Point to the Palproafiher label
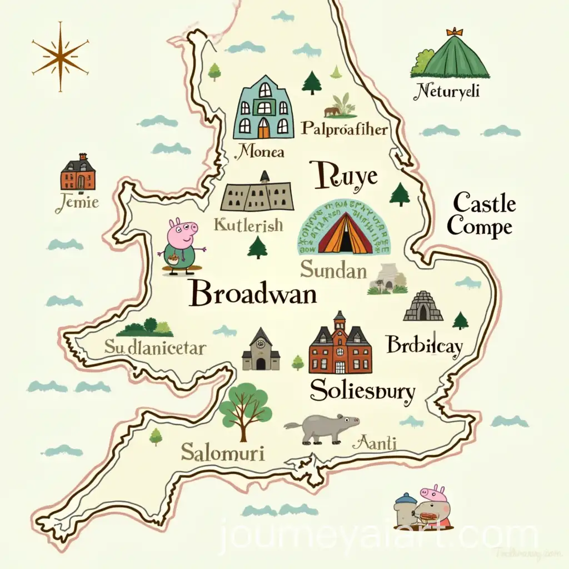pyautogui.click(x=344, y=129)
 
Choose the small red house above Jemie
pyautogui.click(x=77, y=173)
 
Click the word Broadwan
pyautogui.click(x=253, y=293)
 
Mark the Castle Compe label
pyautogui.click(x=481, y=216)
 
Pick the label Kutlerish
pyautogui.click(x=248, y=225)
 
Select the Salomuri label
pyautogui.click(x=222, y=452)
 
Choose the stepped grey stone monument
pyautogui.click(x=423, y=307)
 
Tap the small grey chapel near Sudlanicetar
pyautogui.click(x=261, y=350)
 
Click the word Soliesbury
pyautogui.click(x=362, y=391)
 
